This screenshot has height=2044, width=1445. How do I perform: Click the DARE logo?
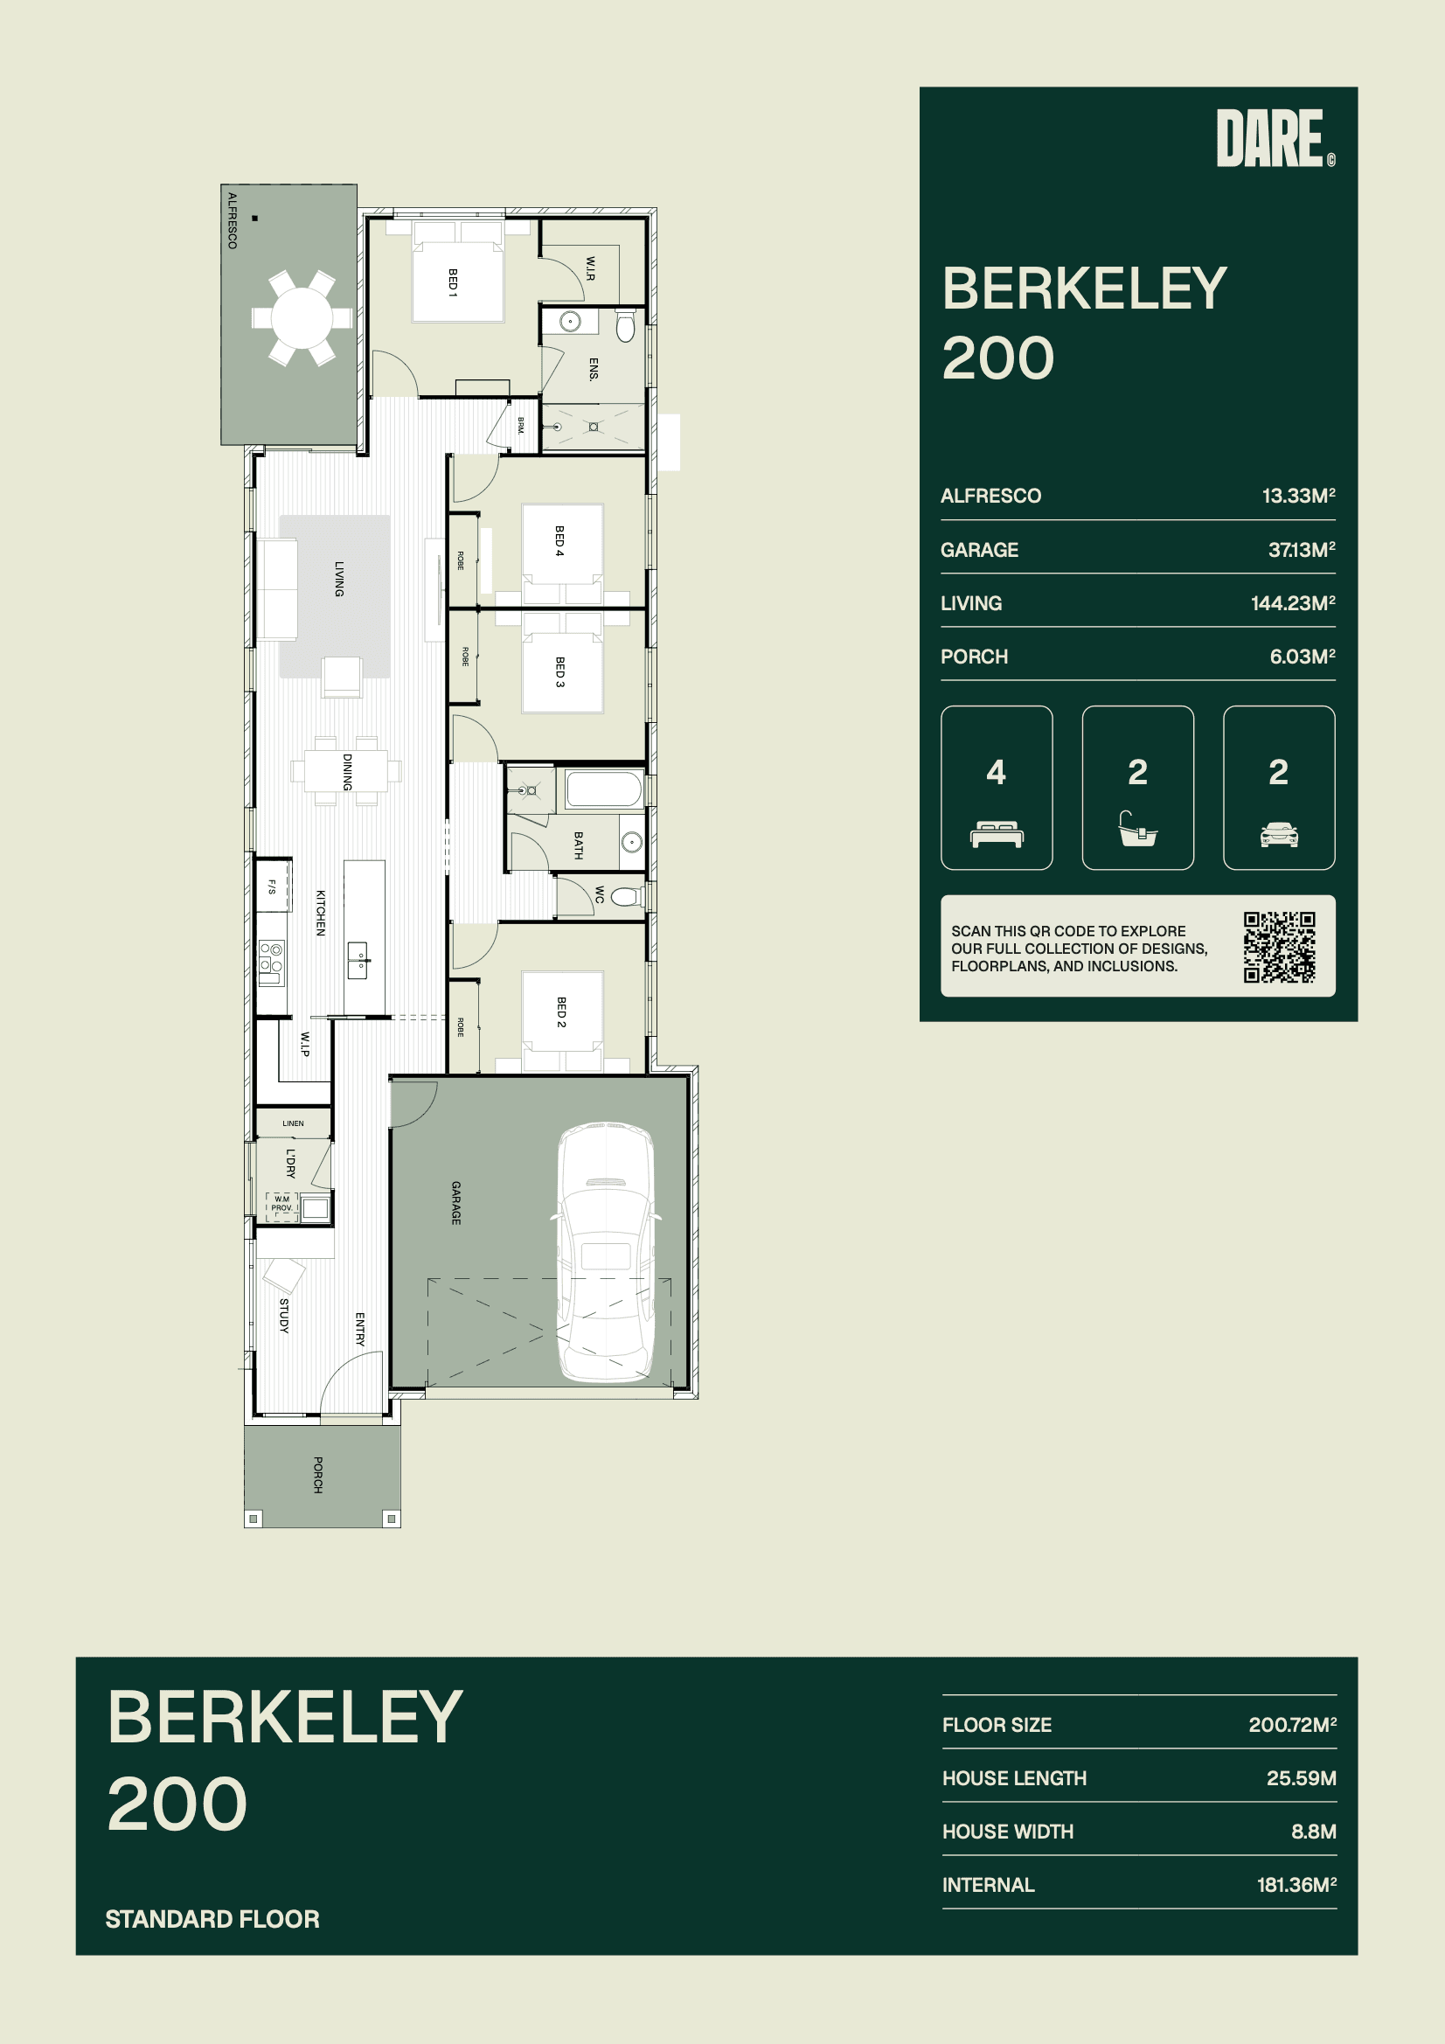1275,138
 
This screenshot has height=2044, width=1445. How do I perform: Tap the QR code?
1280,947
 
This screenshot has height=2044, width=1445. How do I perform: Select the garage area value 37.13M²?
1302,549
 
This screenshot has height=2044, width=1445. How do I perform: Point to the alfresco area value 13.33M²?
1298,495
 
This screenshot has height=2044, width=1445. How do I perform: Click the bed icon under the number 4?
997,834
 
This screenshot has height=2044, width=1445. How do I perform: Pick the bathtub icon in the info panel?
1138,828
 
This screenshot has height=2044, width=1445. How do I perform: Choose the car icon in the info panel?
1279,834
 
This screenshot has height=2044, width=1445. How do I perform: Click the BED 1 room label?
452,282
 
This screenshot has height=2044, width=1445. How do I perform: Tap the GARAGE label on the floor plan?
455,1203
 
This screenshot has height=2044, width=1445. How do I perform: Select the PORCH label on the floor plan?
318,1474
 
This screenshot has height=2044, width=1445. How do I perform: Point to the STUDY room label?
284,1315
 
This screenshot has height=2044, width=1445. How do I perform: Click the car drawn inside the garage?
606,1253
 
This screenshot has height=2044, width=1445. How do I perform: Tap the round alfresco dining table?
302,317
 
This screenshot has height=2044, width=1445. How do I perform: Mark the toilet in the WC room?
627,895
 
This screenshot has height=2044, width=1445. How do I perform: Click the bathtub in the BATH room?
604,789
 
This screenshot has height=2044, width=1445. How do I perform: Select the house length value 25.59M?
1301,1778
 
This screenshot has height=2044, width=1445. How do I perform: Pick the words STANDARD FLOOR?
212,1918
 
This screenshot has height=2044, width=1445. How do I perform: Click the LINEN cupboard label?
293,1123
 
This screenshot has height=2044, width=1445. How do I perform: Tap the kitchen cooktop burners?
272,958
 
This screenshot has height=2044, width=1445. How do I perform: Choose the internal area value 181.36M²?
1296,1885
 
